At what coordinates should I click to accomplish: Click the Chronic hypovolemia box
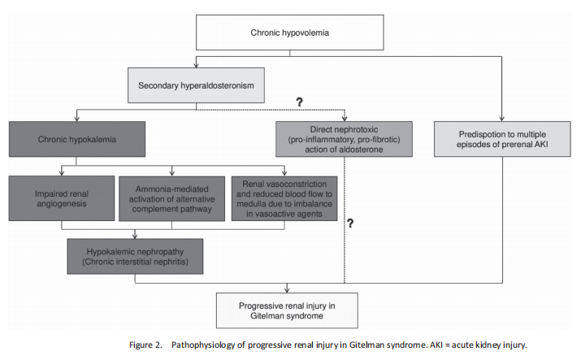tap(290, 33)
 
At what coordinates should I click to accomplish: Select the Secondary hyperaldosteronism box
tap(196, 85)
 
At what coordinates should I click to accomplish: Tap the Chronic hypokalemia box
tap(77, 139)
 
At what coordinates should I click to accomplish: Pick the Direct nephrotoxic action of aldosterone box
tap(344, 139)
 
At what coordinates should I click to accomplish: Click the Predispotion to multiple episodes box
tap(502, 139)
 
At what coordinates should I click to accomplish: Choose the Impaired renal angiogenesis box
tap(62, 198)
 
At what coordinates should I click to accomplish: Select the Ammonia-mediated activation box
tap(172, 199)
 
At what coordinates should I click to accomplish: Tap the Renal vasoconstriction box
tap(284, 198)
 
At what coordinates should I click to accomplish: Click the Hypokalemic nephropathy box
tap(135, 256)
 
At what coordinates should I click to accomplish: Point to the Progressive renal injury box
tap(287, 310)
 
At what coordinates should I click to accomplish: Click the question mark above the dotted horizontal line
tap(299, 102)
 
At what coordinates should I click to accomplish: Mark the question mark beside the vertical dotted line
tap(350, 223)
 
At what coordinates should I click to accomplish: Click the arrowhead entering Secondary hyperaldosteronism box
tap(196, 65)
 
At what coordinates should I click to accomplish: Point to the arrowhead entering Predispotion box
tap(501, 119)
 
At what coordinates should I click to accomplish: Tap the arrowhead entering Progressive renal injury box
tap(287, 290)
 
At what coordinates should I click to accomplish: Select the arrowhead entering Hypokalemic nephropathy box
tap(135, 236)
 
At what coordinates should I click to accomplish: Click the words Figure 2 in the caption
tap(145, 345)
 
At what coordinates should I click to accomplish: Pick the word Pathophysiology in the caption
tap(203, 345)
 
